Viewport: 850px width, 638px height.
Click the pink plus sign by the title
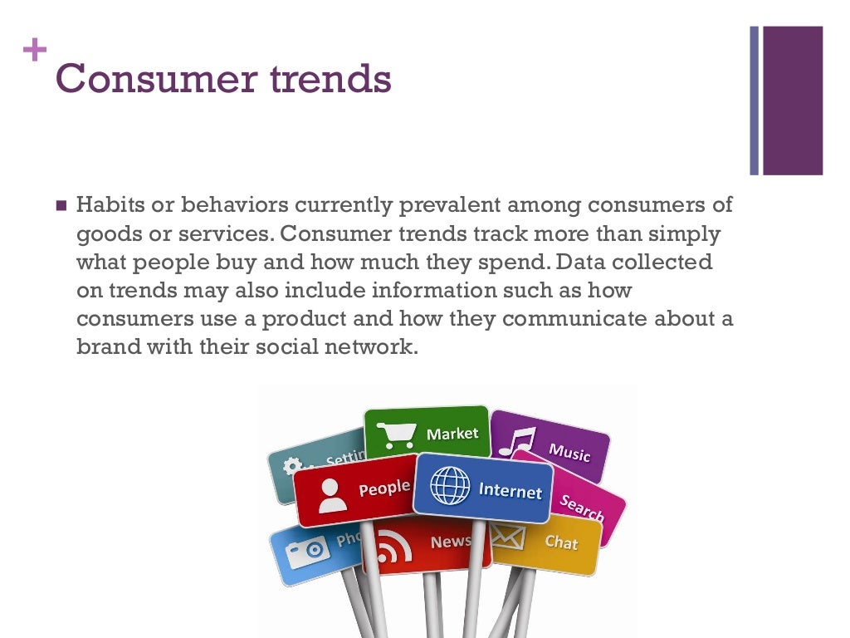point(36,52)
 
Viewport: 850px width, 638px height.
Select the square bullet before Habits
point(61,205)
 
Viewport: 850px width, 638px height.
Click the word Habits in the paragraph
point(107,204)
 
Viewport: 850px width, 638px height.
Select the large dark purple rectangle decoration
point(793,100)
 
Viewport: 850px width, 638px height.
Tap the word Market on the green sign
point(452,434)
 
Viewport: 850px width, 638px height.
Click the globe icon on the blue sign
point(450,485)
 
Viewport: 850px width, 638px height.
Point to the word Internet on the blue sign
point(510,490)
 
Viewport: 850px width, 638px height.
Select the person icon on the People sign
point(331,494)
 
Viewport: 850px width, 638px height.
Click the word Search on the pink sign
point(581,508)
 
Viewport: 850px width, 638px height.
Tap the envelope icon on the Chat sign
point(507,537)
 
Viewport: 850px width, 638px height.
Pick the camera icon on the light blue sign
point(307,548)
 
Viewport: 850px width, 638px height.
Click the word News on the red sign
point(451,542)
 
